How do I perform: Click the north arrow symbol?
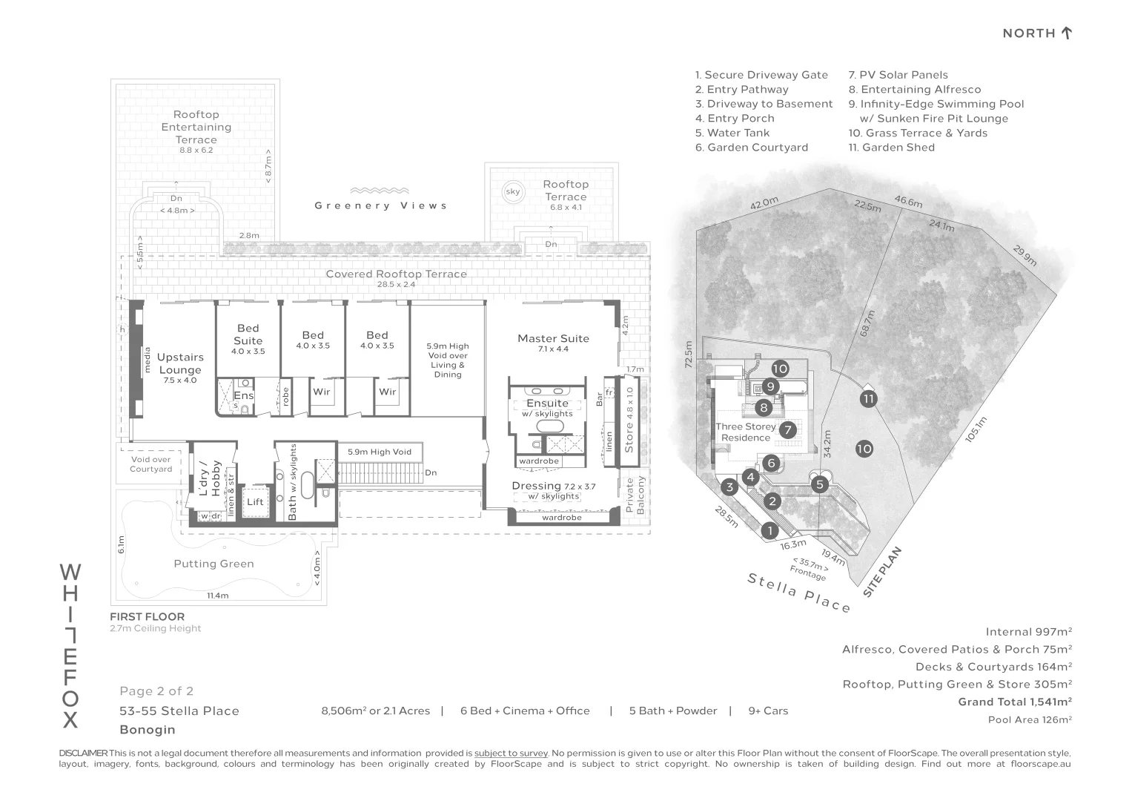(x=1066, y=33)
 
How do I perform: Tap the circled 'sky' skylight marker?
(x=512, y=191)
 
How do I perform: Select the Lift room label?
(x=255, y=501)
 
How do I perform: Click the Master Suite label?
(x=553, y=338)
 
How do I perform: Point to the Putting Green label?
(x=214, y=564)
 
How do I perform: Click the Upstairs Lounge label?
(x=180, y=363)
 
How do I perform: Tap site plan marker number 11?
(x=868, y=399)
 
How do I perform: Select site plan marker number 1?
(x=769, y=531)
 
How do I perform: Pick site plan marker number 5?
(x=819, y=484)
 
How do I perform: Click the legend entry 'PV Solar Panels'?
(x=898, y=75)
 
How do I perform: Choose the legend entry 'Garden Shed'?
(x=892, y=148)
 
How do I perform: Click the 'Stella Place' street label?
(x=799, y=592)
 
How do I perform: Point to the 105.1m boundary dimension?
(x=976, y=429)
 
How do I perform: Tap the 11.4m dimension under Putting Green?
(x=218, y=596)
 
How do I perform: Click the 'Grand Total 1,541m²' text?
(x=1016, y=702)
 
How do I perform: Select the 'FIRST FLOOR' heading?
(x=147, y=616)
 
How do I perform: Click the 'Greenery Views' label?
(x=381, y=205)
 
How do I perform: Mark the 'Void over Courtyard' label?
(x=150, y=464)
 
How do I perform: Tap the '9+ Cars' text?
(x=768, y=711)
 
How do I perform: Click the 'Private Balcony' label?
(x=635, y=495)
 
